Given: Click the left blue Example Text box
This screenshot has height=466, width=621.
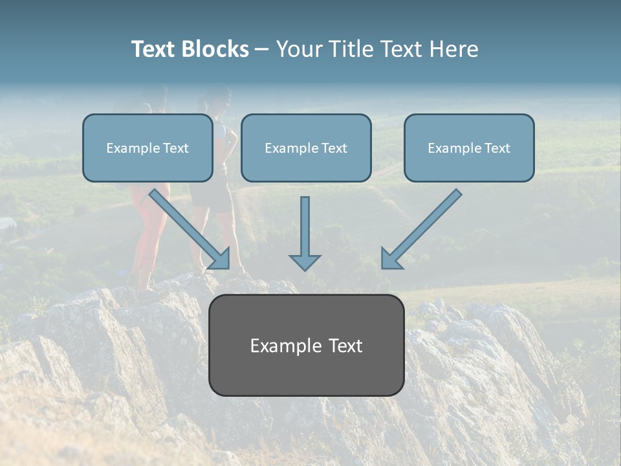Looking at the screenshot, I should [147, 148].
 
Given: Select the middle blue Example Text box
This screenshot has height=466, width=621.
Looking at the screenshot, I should [306, 148].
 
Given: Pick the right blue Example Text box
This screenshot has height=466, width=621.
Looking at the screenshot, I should [469, 148].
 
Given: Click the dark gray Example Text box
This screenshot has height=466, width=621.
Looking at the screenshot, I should [306, 345].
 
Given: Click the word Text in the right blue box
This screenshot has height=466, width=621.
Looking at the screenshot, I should [497, 148].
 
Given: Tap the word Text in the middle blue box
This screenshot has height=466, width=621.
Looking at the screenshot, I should [334, 148].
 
